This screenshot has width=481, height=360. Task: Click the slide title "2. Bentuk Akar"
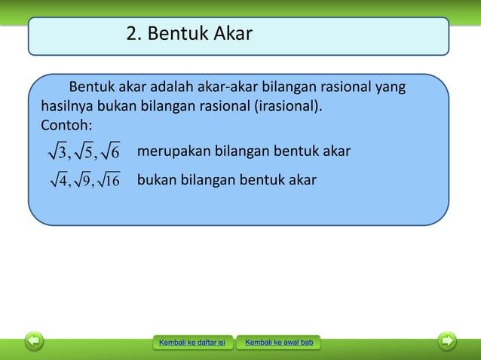pyautogui.click(x=189, y=34)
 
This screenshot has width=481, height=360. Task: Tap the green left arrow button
pyautogui.click(x=33, y=341)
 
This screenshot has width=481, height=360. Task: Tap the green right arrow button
pyautogui.click(x=448, y=341)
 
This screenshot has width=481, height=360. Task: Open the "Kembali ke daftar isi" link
pyautogui.click(x=191, y=343)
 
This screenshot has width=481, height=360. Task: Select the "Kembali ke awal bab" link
pyautogui.click(x=278, y=343)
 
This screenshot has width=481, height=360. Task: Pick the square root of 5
pyautogui.click(x=84, y=153)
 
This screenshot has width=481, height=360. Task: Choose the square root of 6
pyautogui.click(x=109, y=153)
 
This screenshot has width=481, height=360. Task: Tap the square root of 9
pyautogui.click(x=82, y=181)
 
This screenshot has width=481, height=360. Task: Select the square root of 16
pyautogui.click(x=110, y=181)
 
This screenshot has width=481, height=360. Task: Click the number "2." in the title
pyautogui.click(x=135, y=34)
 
